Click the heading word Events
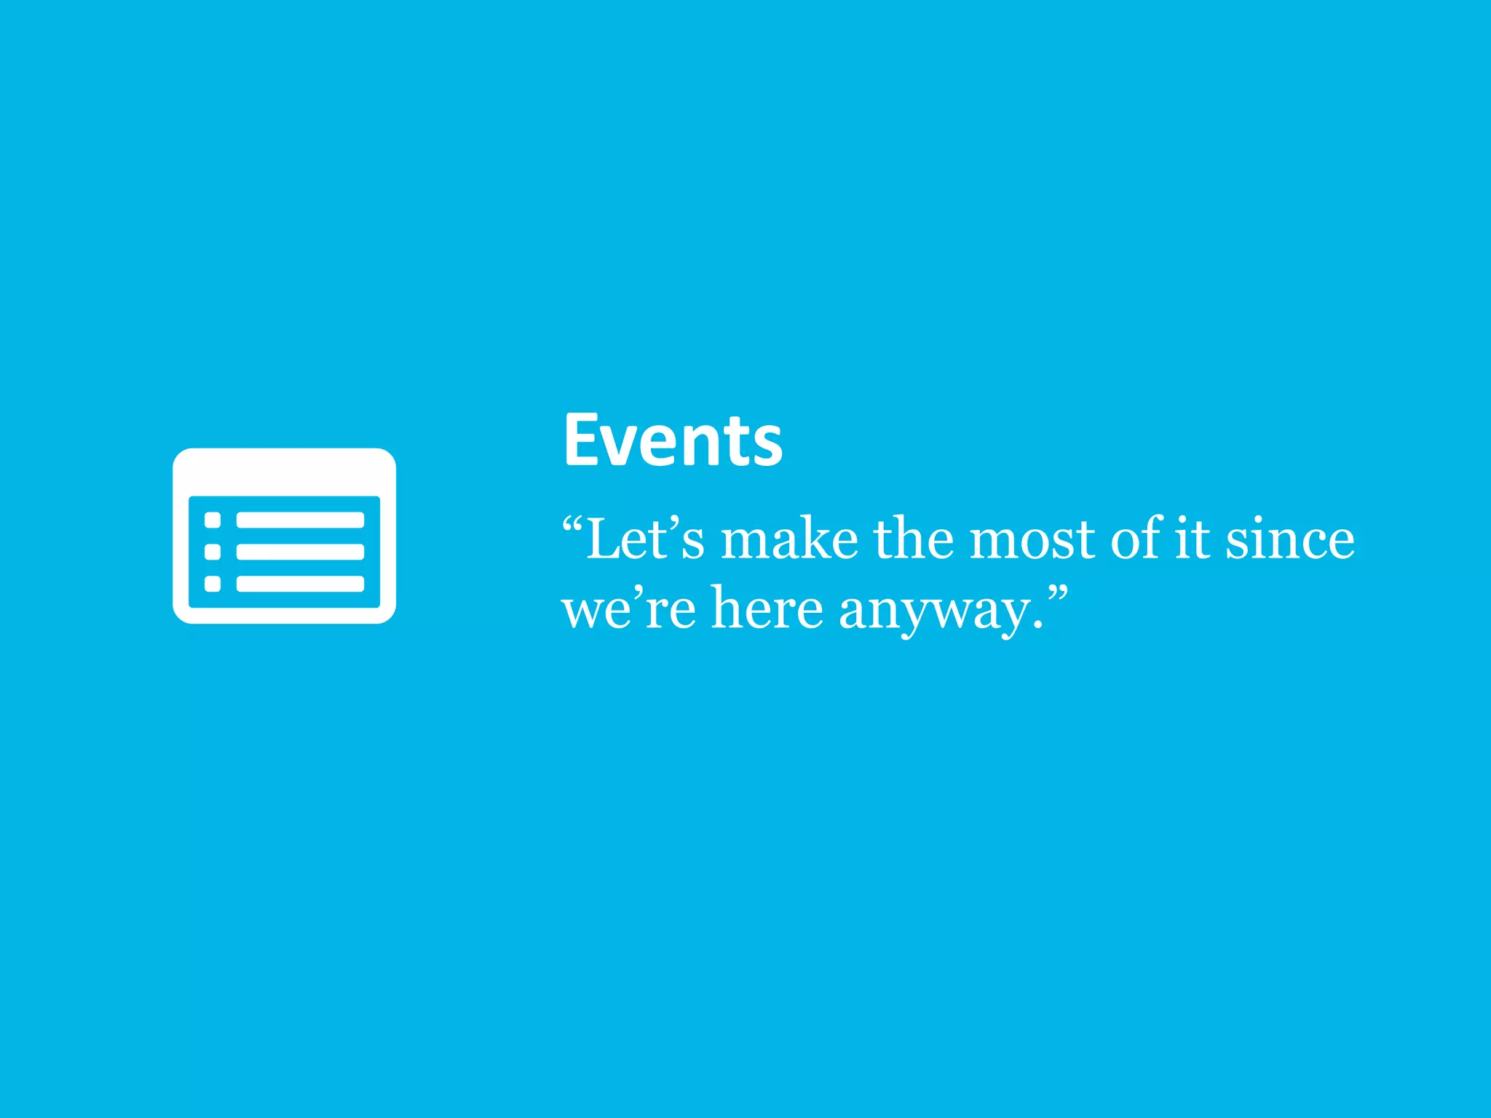click(x=673, y=440)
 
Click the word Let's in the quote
click(x=645, y=540)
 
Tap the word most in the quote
click(x=1032, y=540)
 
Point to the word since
click(x=1289, y=540)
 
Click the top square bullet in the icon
click(x=213, y=520)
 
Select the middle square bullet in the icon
click(x=213, y=552)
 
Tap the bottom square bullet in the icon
click(x=213, y=584)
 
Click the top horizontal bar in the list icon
click(x=300, y=520)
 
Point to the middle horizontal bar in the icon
click(x=300, y=552)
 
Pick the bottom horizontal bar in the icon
click(x=300, y=584)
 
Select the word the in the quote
click(x=913, y=540)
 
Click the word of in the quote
click(x=1136, y=540)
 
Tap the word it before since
click(x=1193, y=540)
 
